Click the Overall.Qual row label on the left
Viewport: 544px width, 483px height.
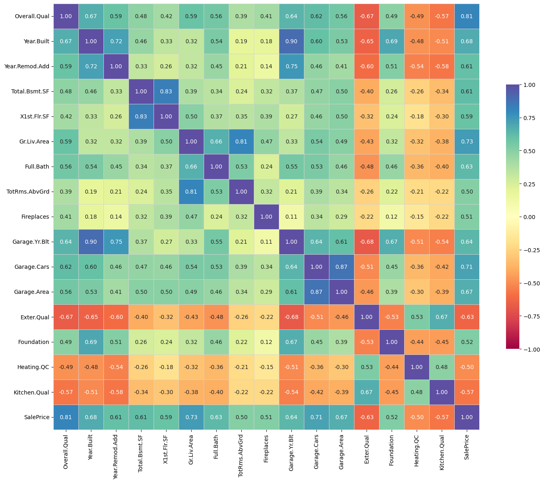[32, 16]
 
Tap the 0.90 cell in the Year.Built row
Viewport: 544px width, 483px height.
[291, 41]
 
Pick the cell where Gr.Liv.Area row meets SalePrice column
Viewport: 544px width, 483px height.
[467, 141]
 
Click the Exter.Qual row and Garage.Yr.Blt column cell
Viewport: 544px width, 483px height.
[291, 317]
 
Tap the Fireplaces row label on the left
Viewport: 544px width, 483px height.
[36, 217]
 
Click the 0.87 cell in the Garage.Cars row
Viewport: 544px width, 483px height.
[342, 267]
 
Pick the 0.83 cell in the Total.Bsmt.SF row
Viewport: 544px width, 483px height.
[166, 91]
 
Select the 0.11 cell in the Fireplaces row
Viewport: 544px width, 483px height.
[291, 217]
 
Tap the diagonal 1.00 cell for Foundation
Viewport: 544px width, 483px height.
[392, 342]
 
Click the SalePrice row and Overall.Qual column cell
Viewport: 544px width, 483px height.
[66, 417]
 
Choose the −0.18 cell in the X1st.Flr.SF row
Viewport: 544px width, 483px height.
[417, 116]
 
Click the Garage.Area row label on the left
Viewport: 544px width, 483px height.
[34, 292]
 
